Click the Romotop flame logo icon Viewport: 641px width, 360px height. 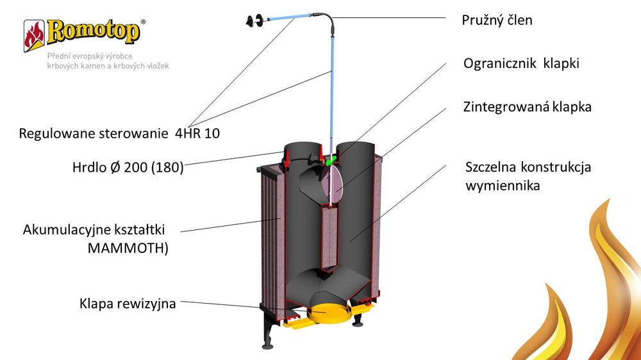34,35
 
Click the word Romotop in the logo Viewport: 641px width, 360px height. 93,31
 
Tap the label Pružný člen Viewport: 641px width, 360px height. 497,20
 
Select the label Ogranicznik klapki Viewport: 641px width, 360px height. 521,64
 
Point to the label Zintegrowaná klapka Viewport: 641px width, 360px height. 527,107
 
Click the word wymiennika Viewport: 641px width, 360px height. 503,186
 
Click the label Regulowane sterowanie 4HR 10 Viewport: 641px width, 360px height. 124,134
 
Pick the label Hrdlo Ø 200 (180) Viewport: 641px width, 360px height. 128,168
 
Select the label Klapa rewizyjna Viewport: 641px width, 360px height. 128,302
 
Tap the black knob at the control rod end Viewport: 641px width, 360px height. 251,21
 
